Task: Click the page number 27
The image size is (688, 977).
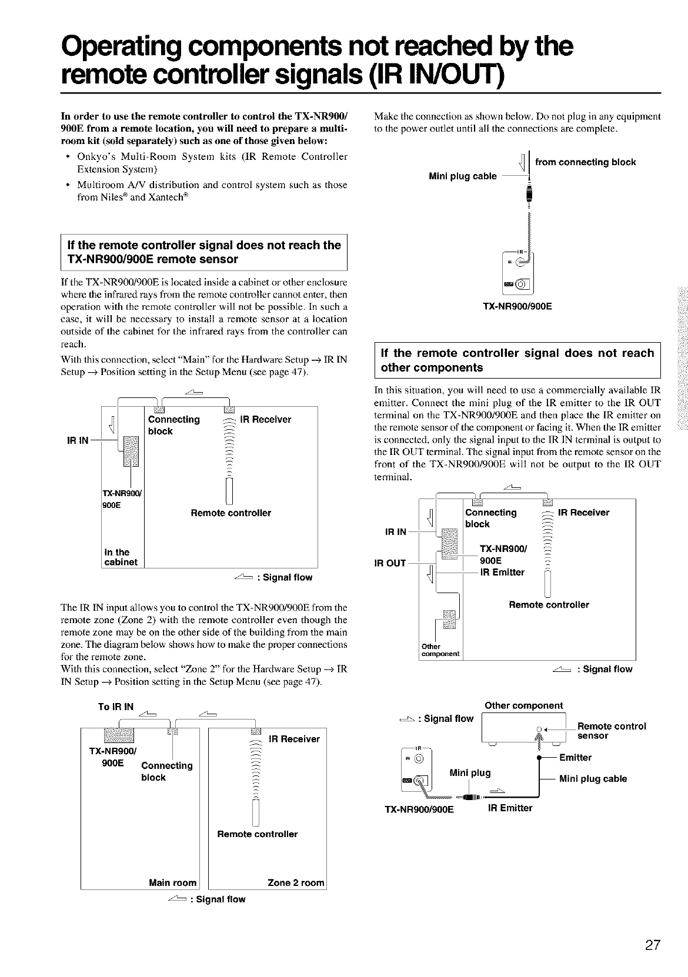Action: tap(652, 946)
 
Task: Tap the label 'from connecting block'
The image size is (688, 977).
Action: tap(585, 162)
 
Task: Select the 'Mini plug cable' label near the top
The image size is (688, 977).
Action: tap(463, 176)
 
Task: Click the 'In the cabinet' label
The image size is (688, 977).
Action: tap(121, 557)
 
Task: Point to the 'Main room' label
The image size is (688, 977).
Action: tap(173, 882)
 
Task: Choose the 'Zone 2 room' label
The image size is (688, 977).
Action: tap(296, 882)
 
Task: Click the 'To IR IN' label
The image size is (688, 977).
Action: tap(116, 706)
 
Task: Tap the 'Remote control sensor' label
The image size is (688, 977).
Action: tap(612, 731)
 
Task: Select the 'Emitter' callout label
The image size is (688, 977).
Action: tap(575, 757)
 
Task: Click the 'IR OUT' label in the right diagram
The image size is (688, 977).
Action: tap(391, 563)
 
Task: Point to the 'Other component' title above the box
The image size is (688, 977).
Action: tap(523, 705)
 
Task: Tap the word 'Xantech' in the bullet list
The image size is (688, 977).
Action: tap(165, 198)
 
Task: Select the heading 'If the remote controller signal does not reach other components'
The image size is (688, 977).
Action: tap(517, 360)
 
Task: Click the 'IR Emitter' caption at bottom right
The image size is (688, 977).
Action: tap(510, 808)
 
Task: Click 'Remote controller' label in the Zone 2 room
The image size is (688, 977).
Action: tap(258, 834)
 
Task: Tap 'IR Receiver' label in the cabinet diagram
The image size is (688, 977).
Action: tap(265, 419)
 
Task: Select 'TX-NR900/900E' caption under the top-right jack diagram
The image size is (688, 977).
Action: tap(517, 306)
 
